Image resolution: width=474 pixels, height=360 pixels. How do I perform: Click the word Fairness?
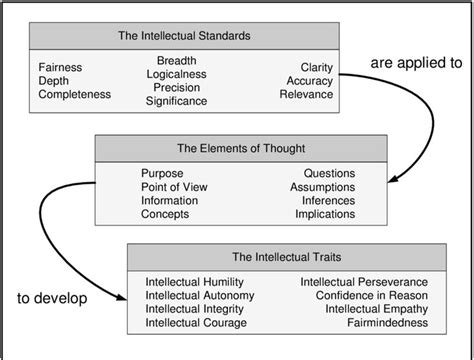coord(61,66)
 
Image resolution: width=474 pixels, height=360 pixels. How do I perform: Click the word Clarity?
coord(317,66)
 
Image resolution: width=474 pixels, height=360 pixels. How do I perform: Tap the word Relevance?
coord(306,94)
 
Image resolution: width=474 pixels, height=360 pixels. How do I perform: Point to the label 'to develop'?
coord(52,299)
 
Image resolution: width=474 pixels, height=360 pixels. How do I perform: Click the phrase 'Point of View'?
coord(175,186)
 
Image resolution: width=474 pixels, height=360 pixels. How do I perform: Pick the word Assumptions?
coord(322,186)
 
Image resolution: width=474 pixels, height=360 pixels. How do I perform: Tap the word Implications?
coord(323,214)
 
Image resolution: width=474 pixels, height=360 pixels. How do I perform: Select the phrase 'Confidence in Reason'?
coord(371,297)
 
